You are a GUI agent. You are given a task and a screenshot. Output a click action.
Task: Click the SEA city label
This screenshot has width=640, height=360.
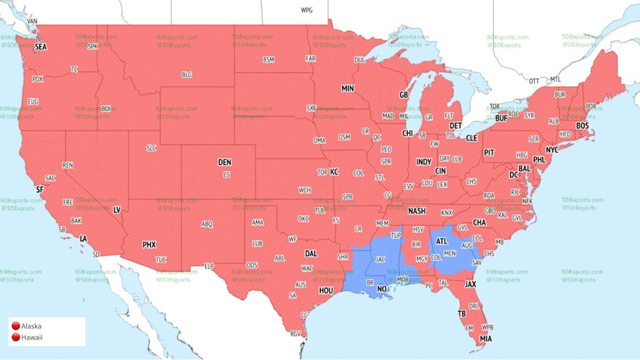pos(41,47)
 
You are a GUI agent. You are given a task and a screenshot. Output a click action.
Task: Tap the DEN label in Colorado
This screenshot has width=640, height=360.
pos(225,162)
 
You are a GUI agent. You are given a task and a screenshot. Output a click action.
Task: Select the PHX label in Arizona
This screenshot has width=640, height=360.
pos(149,245)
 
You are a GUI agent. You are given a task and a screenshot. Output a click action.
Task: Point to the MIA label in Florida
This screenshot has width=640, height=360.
pos(486,339)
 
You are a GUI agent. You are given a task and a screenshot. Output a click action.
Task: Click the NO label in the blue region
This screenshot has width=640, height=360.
pos(382,289)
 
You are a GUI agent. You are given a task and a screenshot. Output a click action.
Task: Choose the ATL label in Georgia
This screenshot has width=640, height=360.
pos(441,241)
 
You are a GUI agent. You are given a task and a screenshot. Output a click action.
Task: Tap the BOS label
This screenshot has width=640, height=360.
pos(582,126)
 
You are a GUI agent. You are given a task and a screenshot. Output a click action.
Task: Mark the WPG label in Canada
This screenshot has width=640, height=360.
pos(307,11)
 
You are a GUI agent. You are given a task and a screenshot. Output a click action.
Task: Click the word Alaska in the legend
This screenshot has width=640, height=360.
pos(32,326)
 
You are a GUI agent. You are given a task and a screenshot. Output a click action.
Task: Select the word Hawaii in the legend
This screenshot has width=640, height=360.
pos(32,338)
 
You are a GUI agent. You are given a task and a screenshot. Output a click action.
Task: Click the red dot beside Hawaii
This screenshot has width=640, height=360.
pos(15,338)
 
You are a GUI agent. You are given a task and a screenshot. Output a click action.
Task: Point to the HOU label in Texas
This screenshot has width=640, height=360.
pos(326,290)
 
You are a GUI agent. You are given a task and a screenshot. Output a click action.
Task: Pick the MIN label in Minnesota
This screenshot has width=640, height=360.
pos(347,89)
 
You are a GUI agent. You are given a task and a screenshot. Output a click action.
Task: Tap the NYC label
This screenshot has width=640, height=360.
pos(552,150)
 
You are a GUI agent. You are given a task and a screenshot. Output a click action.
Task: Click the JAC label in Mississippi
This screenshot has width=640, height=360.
pos(381,259)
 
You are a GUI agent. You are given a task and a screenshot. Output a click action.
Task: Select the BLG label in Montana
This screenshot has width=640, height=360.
pos(187,75)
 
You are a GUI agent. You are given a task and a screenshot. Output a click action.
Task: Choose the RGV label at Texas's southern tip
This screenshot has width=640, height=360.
pos(295,334)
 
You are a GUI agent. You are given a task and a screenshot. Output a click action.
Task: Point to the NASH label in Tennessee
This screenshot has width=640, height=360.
pos(417,211)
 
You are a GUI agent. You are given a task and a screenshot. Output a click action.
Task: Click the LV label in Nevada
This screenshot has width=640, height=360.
pos(116,210)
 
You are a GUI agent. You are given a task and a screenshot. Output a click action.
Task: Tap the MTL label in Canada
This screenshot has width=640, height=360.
pos(556,79)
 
